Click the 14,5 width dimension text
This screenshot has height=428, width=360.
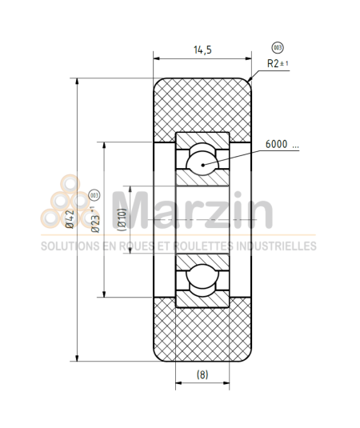tap(202, 50)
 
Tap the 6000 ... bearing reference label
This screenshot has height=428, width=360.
tap(282, 145)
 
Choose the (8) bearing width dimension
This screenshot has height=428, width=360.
tap(202, 374)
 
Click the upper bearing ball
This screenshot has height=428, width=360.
tap(202, 161)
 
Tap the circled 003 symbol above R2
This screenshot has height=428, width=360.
tap(277, 47)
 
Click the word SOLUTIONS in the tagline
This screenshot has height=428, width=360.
tap(69, 246)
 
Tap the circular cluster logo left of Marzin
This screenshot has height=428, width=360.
tap(72, 205)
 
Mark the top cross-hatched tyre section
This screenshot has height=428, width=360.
tap(202, 104)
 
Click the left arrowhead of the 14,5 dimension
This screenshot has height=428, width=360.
tap(157, 59)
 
